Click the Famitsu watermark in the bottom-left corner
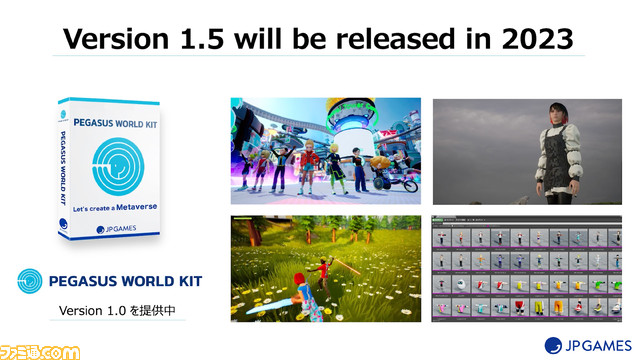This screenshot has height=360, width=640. (40, 350)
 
